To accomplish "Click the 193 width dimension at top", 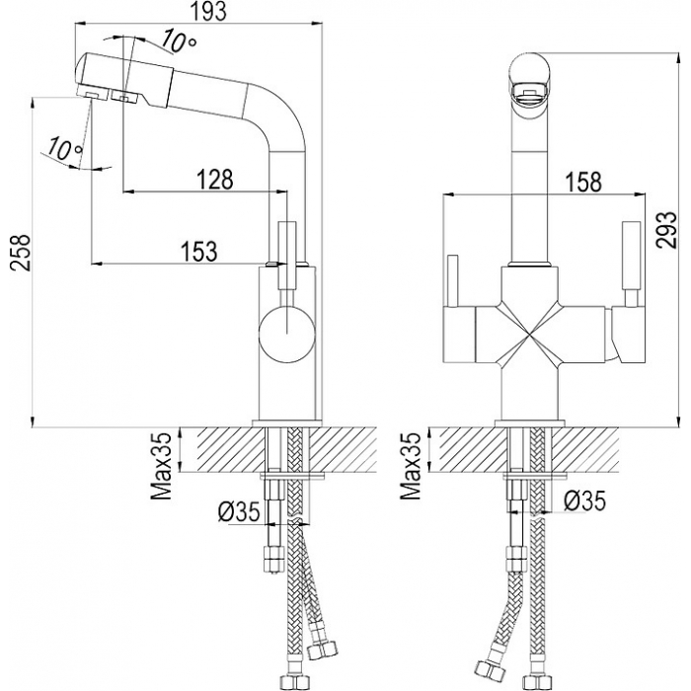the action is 209,11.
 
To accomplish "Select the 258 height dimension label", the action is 21,253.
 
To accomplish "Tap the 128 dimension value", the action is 214,180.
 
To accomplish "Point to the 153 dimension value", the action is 199,251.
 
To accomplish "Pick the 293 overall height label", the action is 665,230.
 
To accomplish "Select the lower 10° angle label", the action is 64,148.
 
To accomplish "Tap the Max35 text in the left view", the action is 161,466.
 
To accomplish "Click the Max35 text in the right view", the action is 411,466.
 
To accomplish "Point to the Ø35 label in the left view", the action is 238,512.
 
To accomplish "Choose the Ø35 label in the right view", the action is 584,500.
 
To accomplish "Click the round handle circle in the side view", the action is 286,335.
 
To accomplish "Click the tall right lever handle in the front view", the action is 631,264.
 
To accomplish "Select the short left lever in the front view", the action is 453,281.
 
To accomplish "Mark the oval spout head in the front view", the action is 529,79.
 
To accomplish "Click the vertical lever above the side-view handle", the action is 287,255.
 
